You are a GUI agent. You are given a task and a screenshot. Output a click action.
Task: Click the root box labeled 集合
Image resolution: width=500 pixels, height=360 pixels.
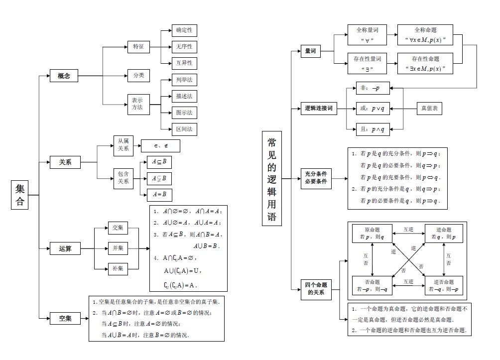(x=20, y=196)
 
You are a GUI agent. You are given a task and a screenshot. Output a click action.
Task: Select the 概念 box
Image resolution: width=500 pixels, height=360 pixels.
(x=64, y=76)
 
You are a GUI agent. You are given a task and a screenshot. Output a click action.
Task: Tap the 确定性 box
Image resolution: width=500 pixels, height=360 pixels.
(x=184, y=30)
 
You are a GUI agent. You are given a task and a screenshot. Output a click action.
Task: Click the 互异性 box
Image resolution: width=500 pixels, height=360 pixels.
(x=184, y=63)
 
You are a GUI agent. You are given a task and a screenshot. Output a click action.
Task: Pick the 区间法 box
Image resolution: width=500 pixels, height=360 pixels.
(x=184, y=129)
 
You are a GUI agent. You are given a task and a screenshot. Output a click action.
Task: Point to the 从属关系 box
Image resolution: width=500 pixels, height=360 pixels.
(x=123, y=145)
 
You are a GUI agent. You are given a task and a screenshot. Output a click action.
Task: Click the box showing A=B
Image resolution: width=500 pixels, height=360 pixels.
(x=159, y=195)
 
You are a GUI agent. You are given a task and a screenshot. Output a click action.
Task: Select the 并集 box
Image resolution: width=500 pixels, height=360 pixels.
(x=118, y=248)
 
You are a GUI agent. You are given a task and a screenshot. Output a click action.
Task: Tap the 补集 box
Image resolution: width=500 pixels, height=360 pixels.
(x=118, y=269)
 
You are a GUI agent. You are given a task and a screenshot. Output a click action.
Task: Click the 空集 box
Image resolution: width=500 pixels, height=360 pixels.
(x=65, y=318)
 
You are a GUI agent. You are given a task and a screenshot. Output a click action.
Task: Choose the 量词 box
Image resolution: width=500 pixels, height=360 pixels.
(x=310, y=51)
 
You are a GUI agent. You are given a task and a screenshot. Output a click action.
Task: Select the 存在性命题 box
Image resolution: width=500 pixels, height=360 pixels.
(x=425, y=64)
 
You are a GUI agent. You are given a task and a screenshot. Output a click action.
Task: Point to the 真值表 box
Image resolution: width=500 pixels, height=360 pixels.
(x=429, y=108)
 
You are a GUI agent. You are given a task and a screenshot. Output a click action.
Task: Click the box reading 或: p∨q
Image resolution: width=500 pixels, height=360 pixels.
(x=373, y=108)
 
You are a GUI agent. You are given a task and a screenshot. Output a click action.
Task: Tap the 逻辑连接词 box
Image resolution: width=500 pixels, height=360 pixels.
(x=318, y=108)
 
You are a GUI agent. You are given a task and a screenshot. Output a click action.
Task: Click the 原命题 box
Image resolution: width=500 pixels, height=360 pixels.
(x=372, y=234)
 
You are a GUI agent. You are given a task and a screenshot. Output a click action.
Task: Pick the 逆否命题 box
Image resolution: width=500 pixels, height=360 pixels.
(x=443, y=285)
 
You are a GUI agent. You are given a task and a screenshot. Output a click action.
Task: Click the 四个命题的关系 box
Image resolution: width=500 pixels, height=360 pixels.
(x=315, y=289)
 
